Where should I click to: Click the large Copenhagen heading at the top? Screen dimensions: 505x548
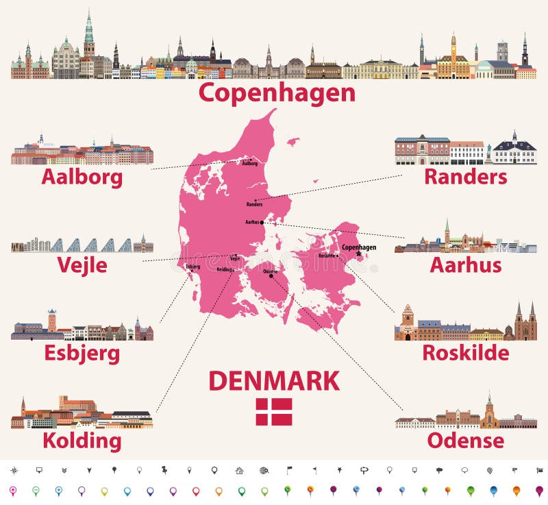click(x=277, y=93)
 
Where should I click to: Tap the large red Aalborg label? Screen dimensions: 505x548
click(x=82, y=177)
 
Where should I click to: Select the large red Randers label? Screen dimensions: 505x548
click(x=466, y=177)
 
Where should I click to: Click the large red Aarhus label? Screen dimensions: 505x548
click(x=466, y=265)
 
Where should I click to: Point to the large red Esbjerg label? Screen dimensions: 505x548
click(x=82, y=354)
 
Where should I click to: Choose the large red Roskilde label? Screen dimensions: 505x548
click(x=466, y=353)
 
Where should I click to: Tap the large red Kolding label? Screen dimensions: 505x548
click(x=82, y=441)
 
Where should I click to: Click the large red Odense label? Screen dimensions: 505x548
click(x=466, y=441)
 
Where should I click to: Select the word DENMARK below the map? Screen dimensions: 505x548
click(x=274, y=380)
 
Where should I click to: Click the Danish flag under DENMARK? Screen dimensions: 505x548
click(x=274, y=411)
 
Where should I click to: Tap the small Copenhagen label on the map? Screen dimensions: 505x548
click(x=359, y=247)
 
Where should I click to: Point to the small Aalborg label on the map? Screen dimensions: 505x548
click(x=249, y=164)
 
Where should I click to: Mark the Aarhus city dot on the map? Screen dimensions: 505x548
click(x=262, y=222)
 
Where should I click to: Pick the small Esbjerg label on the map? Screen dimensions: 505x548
click(x=192, y=265)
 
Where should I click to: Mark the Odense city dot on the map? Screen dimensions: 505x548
click(x=271, y=277)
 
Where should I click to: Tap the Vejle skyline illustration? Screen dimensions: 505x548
click(x=82, y=245)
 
